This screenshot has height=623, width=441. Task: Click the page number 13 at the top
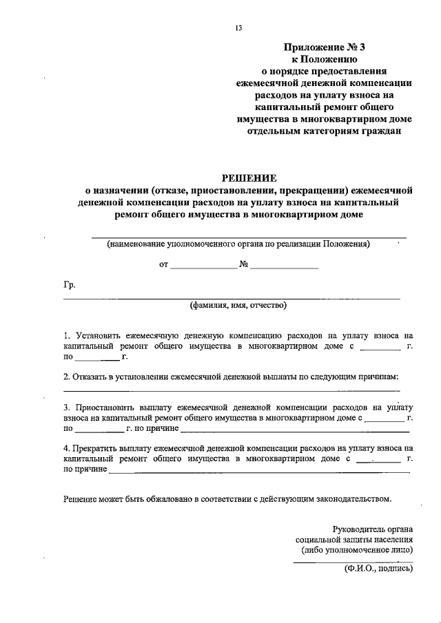click(238, 28)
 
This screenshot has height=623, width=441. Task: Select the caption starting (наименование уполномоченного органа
click(238, 244)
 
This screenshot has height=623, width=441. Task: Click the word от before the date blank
click(163, 264)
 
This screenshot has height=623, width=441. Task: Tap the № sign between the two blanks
click(244, 264)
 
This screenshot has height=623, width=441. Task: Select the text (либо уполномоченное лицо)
click(357, 550)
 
